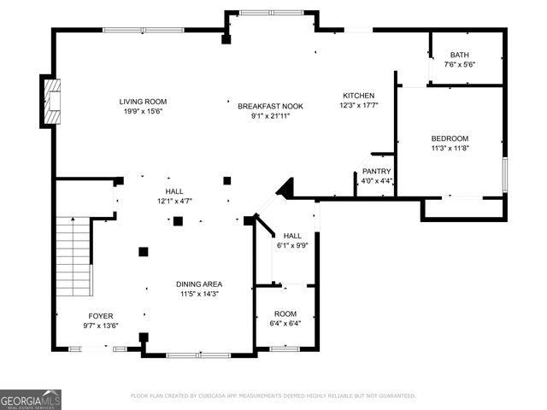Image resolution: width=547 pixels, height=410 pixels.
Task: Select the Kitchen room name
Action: click(358, 95)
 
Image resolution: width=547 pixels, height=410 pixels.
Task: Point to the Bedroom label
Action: click(449, 138)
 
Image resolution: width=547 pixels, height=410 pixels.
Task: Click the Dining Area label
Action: click(200, 284)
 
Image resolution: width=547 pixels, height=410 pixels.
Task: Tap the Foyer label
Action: click(101, 315)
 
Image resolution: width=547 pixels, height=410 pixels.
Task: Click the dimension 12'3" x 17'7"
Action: click(358, 105)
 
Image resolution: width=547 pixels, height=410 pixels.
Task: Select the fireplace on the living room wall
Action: click(52, 101)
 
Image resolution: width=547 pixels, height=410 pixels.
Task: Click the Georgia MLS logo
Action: click(31, 399)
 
